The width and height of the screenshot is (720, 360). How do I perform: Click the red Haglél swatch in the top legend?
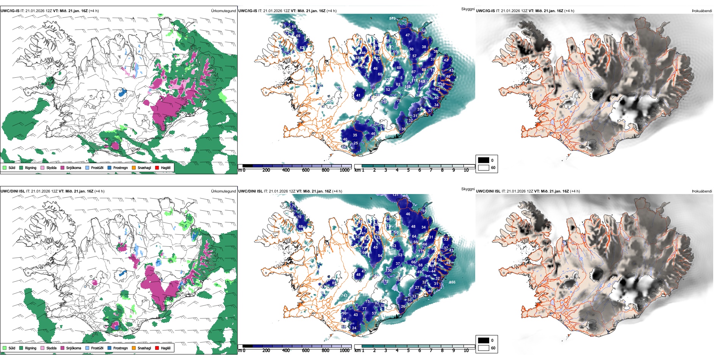click(157, 167)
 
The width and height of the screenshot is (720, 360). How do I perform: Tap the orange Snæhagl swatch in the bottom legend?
click(134, 348)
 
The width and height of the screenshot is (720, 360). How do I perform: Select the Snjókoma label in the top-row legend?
click(74, 167)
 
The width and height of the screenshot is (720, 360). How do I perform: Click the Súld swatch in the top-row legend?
click(5, 167)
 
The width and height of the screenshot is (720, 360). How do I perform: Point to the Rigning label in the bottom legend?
click(31, 348)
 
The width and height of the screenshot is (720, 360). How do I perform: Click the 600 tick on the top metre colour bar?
click(306, 170)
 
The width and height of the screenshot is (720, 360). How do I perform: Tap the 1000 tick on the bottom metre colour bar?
click(344, 351)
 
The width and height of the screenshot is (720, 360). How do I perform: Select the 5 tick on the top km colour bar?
click(408, 170)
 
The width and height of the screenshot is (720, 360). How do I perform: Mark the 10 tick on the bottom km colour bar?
click(466, 351)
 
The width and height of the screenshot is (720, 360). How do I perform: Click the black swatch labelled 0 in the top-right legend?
click(484, 160)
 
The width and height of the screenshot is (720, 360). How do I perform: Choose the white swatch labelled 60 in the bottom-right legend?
click(484, 348)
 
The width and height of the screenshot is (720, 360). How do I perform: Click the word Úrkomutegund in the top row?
click(223, 11)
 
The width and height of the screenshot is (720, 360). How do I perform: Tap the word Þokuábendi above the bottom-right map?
click(702, 191)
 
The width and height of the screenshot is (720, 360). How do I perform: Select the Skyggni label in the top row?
click(468, 9)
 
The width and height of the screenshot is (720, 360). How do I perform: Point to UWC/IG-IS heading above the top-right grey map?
click(485, 11)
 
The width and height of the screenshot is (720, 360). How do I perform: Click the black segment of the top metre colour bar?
click(247, 166)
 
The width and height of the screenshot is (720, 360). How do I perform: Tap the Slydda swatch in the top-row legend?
click(42, 167)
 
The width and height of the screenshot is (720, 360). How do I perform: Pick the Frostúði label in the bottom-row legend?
click(97, 348)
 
